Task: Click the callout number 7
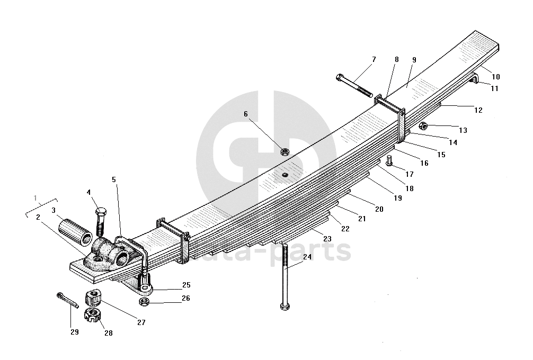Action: point(374,59)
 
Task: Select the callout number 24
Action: point(307,258)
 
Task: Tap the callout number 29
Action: point(74,332)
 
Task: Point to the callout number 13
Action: point(463,130)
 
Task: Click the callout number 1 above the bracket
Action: point(35,199)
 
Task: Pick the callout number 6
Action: point(246,114)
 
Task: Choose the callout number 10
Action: point(495,77)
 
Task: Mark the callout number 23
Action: point(327,239)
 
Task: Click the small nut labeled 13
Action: point(423,126)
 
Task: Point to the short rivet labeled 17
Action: point(389,160)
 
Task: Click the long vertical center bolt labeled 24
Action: point(285,275)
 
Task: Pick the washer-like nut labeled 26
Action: point(143,302)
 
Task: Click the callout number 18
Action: point(409,188)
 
